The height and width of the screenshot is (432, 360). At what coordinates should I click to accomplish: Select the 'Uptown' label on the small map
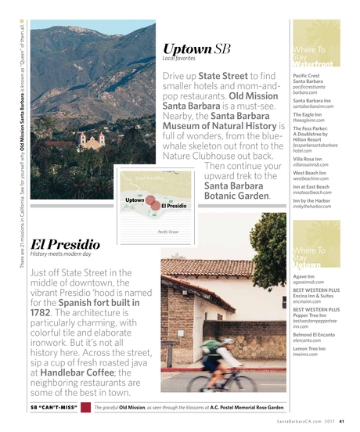pos(135,200)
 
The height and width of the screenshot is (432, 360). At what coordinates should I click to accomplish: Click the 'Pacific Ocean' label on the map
pos(167,232)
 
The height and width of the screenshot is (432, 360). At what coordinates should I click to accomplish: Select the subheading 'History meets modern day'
pos(60,254)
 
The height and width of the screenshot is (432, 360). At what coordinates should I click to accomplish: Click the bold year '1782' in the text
pos(40,311)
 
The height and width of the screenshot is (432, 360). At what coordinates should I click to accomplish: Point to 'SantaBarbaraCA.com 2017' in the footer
pos(306,423)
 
